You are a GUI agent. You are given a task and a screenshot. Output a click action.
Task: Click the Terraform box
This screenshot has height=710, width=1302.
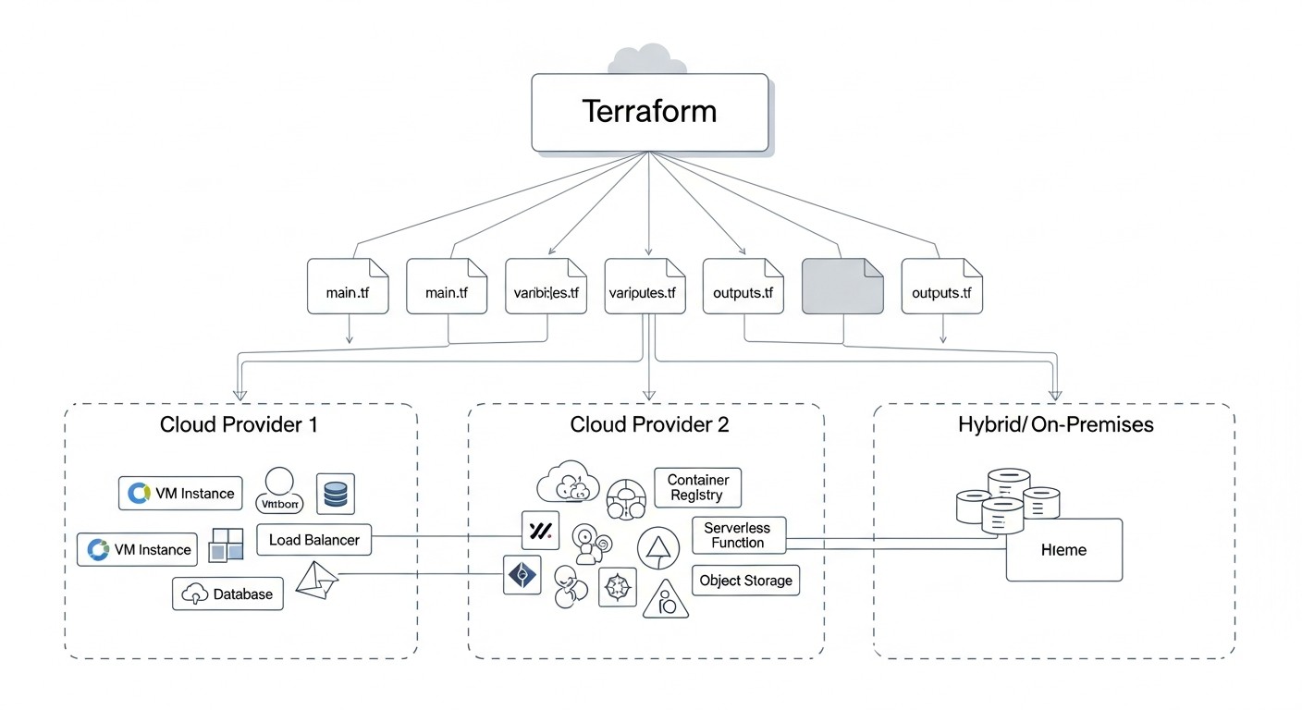coord(649,112)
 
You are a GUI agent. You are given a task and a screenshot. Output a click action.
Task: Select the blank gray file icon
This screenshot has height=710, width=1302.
coord(841,287)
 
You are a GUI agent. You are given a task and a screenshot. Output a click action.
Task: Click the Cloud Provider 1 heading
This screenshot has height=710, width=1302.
coord(240,424)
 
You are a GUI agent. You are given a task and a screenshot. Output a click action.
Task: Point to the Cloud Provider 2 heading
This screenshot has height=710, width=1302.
coord(649,424)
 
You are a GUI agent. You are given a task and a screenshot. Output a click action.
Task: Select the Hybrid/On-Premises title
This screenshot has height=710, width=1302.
coord(1055,424)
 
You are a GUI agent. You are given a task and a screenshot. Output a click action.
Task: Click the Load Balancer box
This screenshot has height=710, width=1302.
coord(313,540)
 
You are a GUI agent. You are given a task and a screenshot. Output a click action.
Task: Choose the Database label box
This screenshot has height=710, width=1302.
coord(227,594)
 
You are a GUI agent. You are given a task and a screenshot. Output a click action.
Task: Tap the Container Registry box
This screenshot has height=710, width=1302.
coord(697,487)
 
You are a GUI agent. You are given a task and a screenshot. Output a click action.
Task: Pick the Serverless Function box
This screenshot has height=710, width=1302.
coord(737,534)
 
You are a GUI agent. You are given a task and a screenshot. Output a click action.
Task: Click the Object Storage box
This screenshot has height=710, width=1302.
coord(744,581)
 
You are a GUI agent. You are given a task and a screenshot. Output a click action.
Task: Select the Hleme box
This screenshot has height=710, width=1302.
coord(1063,550)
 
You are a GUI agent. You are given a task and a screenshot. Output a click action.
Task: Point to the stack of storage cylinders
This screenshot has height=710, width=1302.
coord(1007,500)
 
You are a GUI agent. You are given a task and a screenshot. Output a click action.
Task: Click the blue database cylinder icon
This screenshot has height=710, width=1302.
coord(335,494)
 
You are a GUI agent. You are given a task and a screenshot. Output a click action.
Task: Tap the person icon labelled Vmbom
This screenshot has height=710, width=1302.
coord(278,491)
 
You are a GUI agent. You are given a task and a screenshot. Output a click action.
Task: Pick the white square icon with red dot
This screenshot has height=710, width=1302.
coord(541,530)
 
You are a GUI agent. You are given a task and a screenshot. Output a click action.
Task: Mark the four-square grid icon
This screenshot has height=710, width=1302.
coord(226,545)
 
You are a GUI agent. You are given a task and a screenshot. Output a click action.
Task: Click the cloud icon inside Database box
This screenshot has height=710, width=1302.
coord(195,594)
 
